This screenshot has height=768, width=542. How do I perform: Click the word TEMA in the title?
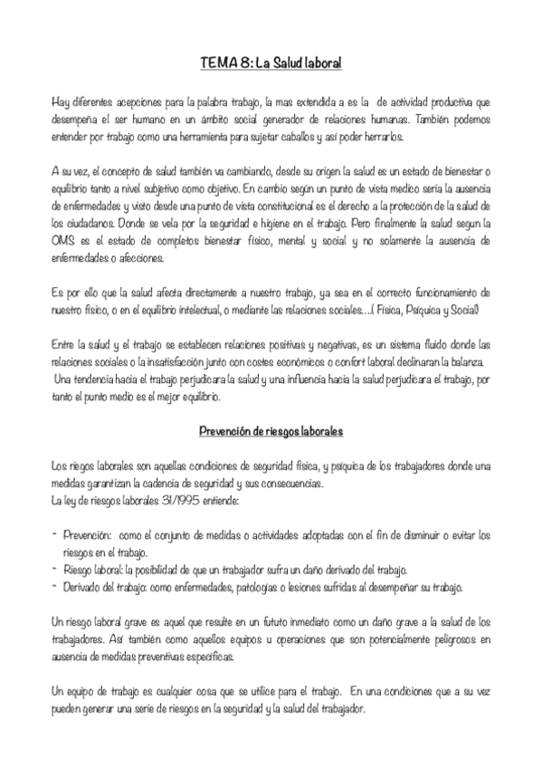pyautogui.click(x=218, y=65)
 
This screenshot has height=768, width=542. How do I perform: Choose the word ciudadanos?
pyautogui.click(x=86, y=223)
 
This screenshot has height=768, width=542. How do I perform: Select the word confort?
pyautogui.click(x=341, y=360)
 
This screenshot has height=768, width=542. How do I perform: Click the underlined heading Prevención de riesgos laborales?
pyautogui.click(x=271, y=431)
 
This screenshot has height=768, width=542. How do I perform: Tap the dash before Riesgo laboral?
pyautogui.click(x=56, y=569)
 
